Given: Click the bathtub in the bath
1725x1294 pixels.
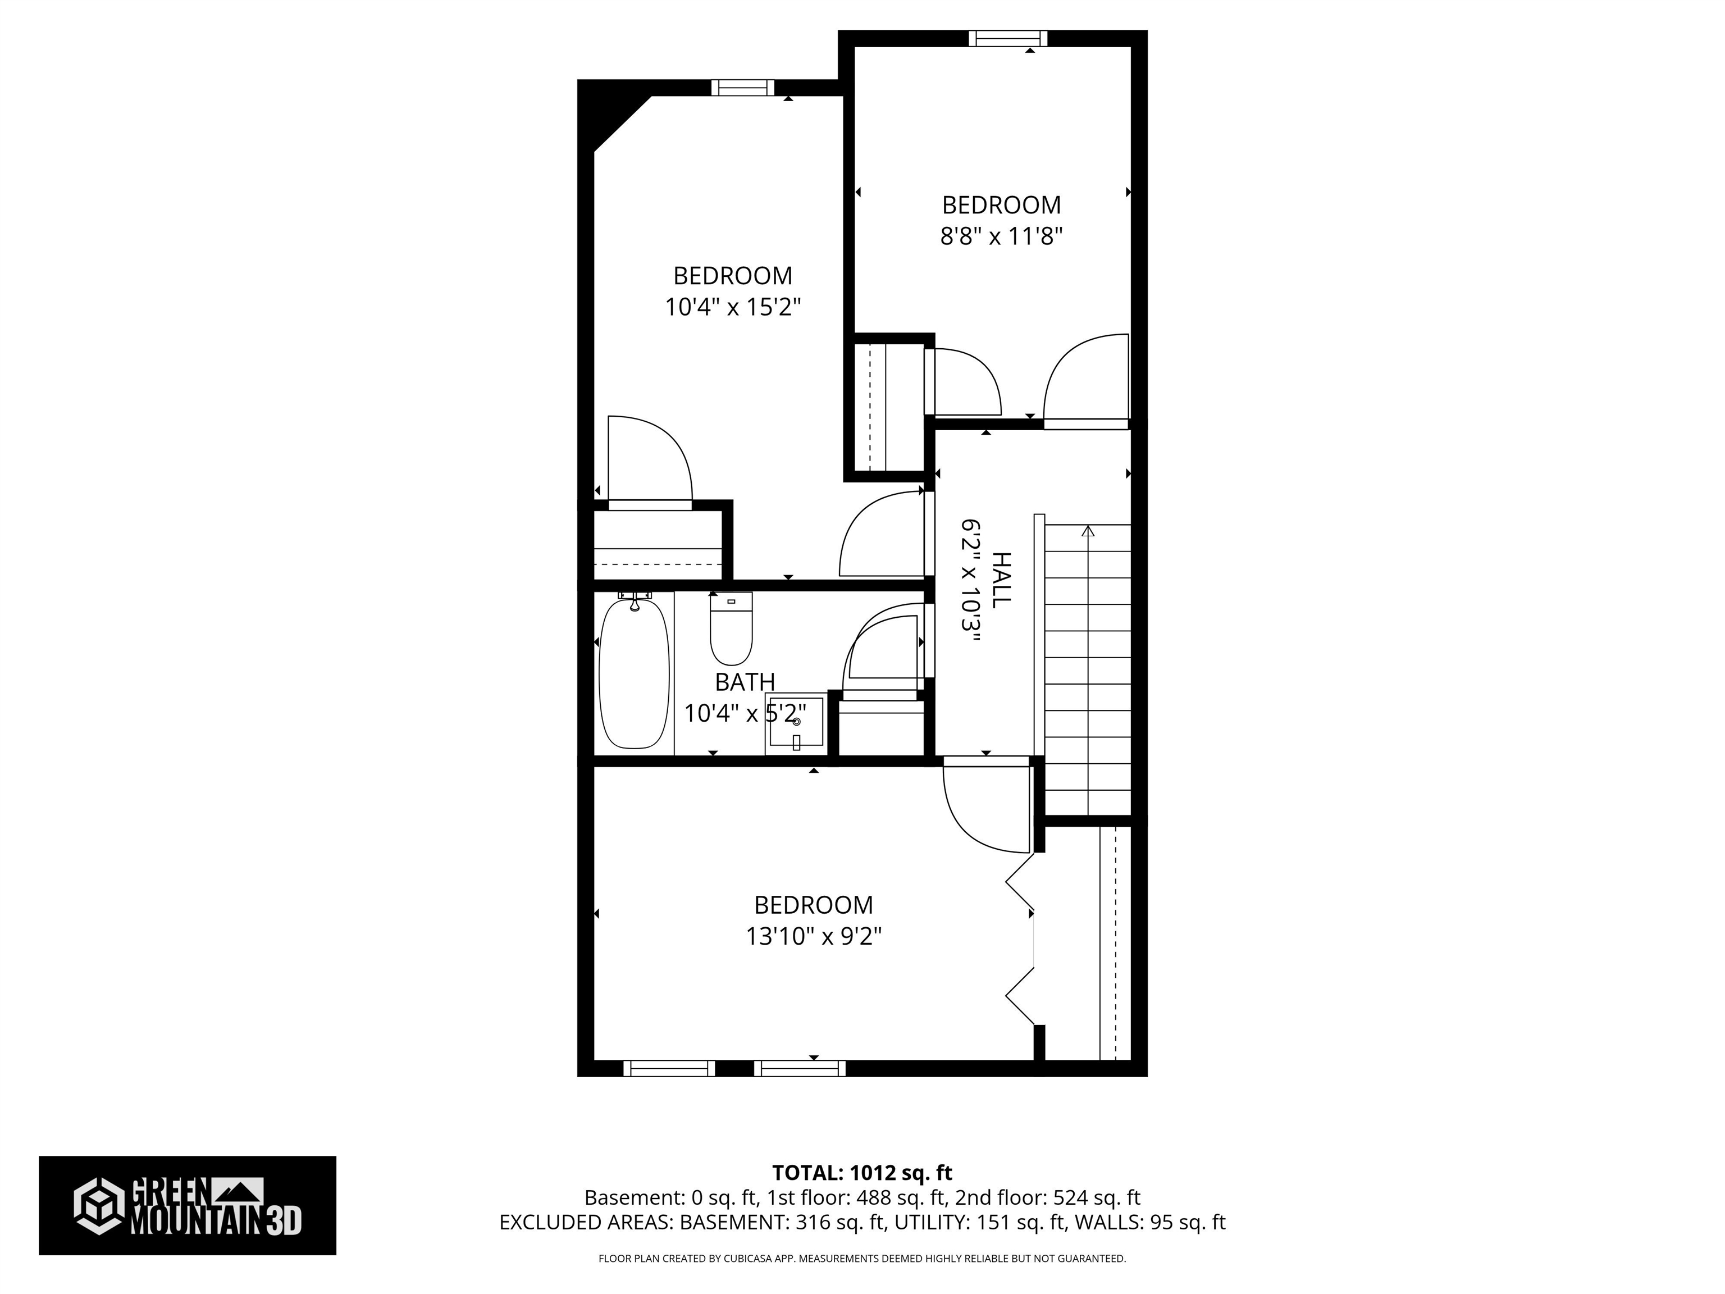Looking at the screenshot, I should [633, 675].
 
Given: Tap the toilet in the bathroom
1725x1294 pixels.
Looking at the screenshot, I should [731, 630].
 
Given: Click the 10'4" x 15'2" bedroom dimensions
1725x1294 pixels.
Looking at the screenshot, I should [732, 307].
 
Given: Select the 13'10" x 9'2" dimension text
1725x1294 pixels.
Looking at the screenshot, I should [814, 936].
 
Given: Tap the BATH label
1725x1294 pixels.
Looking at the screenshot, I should [745, 682].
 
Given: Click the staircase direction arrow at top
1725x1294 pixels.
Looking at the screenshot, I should [1088, 531].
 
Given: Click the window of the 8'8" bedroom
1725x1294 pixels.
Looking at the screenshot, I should [1007, 38].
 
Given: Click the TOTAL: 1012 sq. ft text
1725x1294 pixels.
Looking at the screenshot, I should [862, 1172].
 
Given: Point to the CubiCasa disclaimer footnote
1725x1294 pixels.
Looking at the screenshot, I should [862, 1258].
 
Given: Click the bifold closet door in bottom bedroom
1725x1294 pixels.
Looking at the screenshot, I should [1021, 939].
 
